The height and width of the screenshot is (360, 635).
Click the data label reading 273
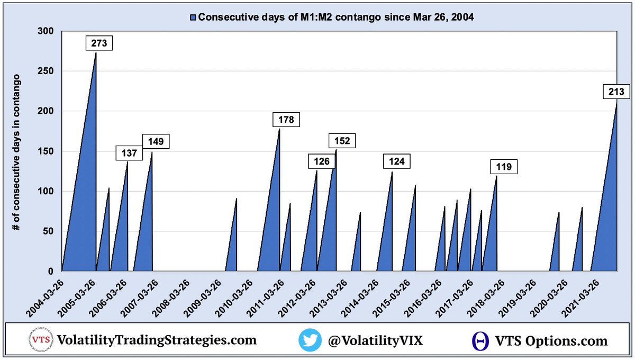(99, 43)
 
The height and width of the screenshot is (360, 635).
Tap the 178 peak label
(286, 120)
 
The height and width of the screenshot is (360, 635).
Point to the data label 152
(342, 141)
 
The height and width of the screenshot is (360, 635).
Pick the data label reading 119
(503, 167)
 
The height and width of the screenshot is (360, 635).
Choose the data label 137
(129, 154)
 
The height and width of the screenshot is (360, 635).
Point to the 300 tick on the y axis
(47, 31)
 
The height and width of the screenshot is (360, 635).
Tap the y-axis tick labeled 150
(47, 151)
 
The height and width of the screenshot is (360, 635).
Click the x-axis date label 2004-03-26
(47, 296)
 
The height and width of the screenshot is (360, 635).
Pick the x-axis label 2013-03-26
(329, 296)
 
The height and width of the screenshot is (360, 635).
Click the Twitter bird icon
(310, 340)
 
